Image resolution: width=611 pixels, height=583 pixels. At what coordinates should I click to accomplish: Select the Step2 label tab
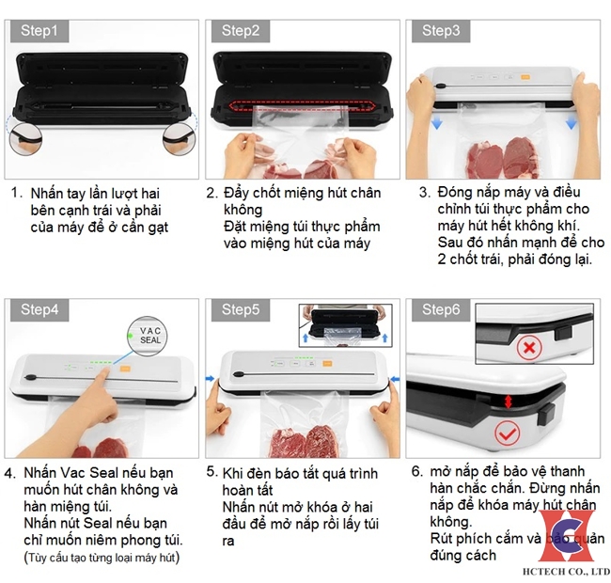pyautogui.click(x=241, y=31)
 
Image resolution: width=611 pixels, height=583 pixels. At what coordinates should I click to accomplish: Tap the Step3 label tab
pyautogui.click(x=441, y=31)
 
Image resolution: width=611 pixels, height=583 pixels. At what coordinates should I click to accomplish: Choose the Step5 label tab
pyautogui.click(x=241, y=309)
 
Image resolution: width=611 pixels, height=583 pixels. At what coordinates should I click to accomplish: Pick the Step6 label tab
pyautogui.click(x=441, y=309)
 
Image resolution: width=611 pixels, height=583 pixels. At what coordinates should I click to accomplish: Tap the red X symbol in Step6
pyautogui.click(x=530, y=348)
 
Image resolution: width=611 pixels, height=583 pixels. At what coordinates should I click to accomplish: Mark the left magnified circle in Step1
pyautogui.click(x=25, y=138)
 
